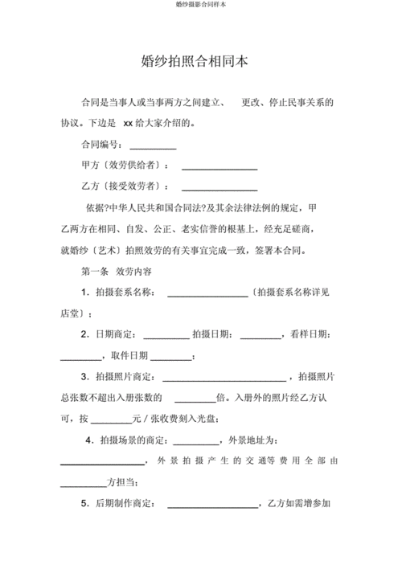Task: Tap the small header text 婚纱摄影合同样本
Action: [200, 5]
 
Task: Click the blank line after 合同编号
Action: [153, 147]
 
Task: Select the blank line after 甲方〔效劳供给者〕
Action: [219, 167]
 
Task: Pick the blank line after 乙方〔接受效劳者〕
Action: [219, 188]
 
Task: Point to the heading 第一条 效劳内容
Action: [114, 272]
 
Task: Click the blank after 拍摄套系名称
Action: [207, 294]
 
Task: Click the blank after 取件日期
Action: [171, 357]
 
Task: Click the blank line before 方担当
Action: [84, 484]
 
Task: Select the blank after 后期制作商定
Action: [211, 506]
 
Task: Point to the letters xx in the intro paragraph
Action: [127, 125]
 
